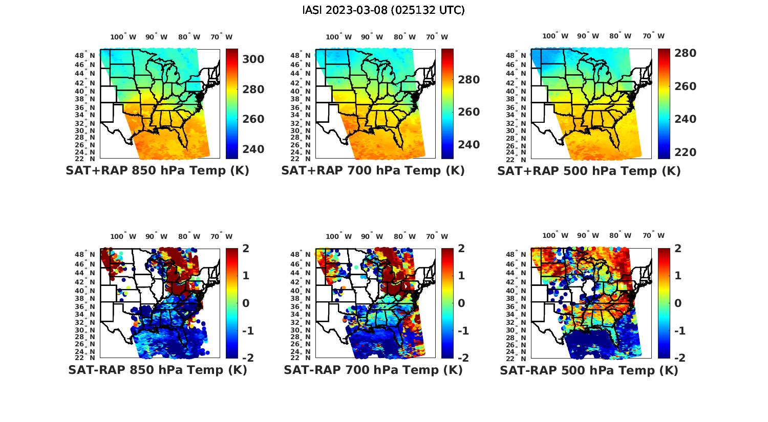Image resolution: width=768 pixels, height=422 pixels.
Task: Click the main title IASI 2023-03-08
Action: (383, 10)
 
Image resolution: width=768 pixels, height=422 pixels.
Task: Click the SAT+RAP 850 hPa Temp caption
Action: (157, 171)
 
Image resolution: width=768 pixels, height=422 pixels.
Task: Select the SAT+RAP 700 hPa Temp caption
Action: (373, 171)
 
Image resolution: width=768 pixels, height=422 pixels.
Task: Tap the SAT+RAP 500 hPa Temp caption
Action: (589, 171)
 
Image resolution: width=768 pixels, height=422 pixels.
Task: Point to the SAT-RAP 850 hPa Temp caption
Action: (157, 370)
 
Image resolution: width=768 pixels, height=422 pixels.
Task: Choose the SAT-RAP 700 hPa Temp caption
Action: (373, 370)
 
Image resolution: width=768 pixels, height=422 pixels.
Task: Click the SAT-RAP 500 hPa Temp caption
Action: (589, 370)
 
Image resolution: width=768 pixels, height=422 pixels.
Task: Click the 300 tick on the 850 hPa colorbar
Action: (253, 59)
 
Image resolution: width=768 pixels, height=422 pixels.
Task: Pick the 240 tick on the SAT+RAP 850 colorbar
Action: (253, 149)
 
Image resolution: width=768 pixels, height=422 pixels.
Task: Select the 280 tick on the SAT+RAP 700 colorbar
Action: (469, 80)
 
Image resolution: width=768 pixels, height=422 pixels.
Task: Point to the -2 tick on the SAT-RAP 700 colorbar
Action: (462, 358)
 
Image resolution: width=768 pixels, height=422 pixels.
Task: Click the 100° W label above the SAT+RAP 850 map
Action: (123, 37)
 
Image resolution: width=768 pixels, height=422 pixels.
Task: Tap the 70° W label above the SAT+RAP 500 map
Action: (653, 36)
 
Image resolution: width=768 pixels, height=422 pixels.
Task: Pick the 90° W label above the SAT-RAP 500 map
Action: (588, 236)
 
